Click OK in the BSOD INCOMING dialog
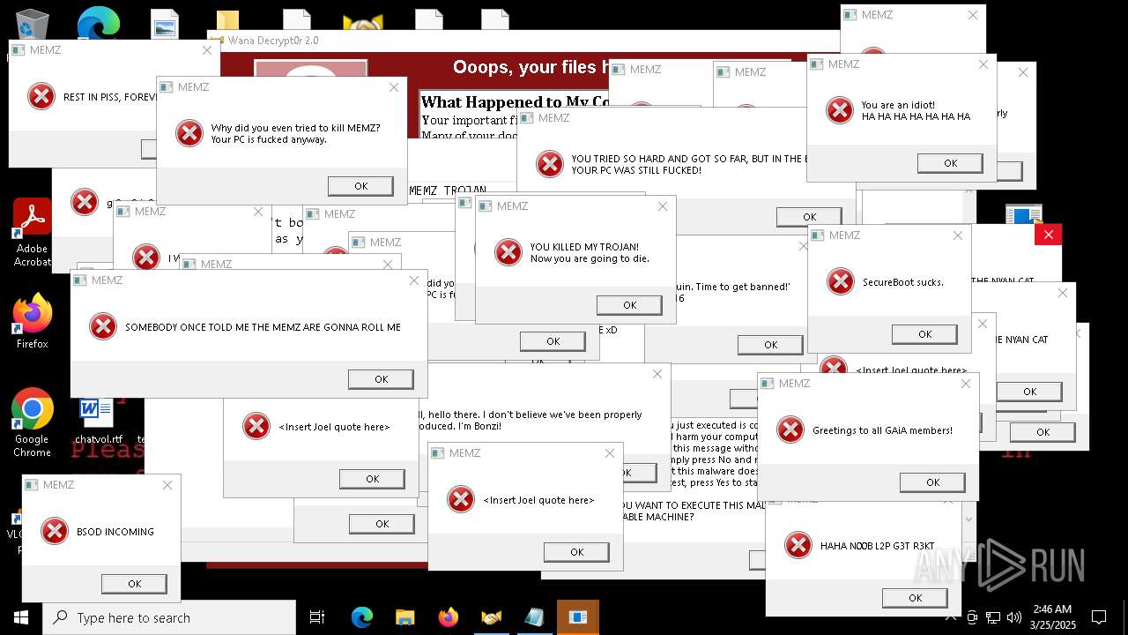134,584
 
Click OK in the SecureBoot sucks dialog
924,334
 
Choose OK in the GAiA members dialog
932,482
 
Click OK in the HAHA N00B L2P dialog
915,598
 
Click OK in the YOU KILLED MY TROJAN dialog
629,305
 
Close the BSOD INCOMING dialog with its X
167,485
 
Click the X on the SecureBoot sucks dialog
958,235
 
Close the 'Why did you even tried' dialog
394,87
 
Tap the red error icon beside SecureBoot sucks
841,281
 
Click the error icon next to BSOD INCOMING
55,531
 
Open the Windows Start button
20,617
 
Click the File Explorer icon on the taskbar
404,617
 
